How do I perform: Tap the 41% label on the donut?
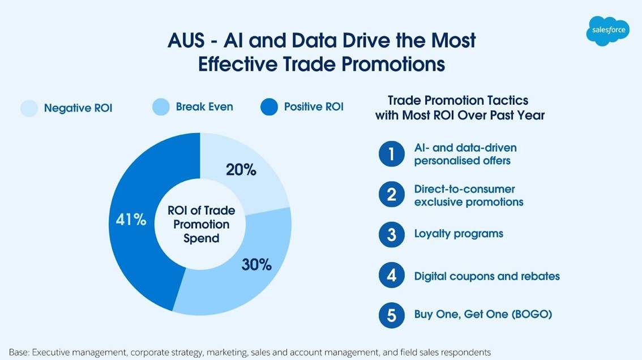coord(131,220)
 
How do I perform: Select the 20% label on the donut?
coord(241,169)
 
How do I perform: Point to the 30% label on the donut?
coord(256,264)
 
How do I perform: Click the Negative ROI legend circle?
coord(29,108)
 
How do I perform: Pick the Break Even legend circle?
coord(161,107)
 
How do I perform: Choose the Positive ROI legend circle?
coord(269,107)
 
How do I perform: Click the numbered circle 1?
coord(391,154)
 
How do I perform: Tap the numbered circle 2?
coord(391,195)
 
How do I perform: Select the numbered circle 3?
coord(391,234)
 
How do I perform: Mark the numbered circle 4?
coord(391,276)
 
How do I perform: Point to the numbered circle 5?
coord(391,315)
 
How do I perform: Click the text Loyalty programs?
coord(459,234)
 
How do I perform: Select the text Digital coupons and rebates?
coord(487,276)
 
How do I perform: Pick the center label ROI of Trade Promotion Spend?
coord(201,224)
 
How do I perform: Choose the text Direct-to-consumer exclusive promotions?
coord(468,195)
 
